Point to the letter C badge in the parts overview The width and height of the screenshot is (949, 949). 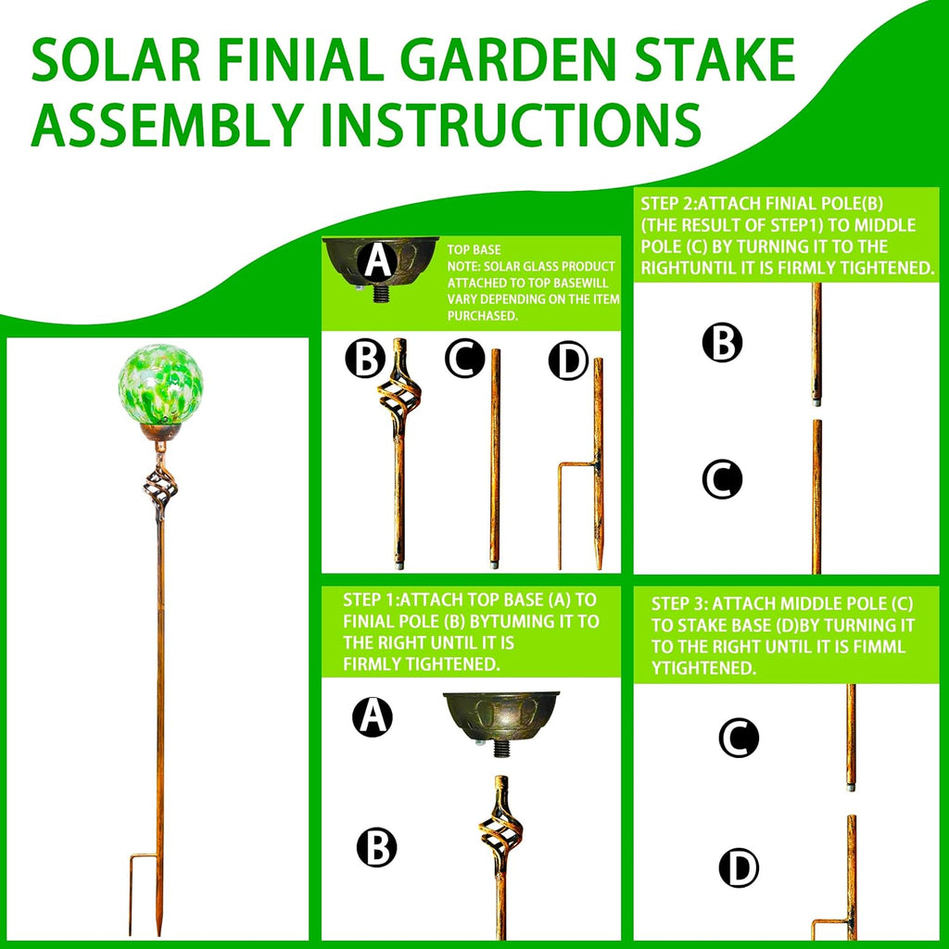pyautogui.click(x=464, y=359)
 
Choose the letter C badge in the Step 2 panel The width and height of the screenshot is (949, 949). pyautogui.click(x=722, y=480)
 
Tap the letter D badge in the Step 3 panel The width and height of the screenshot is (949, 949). pyautogui.click(x=739, y=868)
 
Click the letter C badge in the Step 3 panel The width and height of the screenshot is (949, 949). pyautogui.click(x=739, y=738)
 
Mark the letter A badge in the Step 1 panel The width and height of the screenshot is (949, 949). pyautogui.click(x=373, y=716)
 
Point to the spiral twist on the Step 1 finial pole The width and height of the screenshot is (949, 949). pyautogui.click(x=500, y=828)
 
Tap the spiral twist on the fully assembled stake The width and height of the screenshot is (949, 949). pyautogui.click(x=159, y=485)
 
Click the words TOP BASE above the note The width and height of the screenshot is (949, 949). pyautogui.click(x=474, y=249)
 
